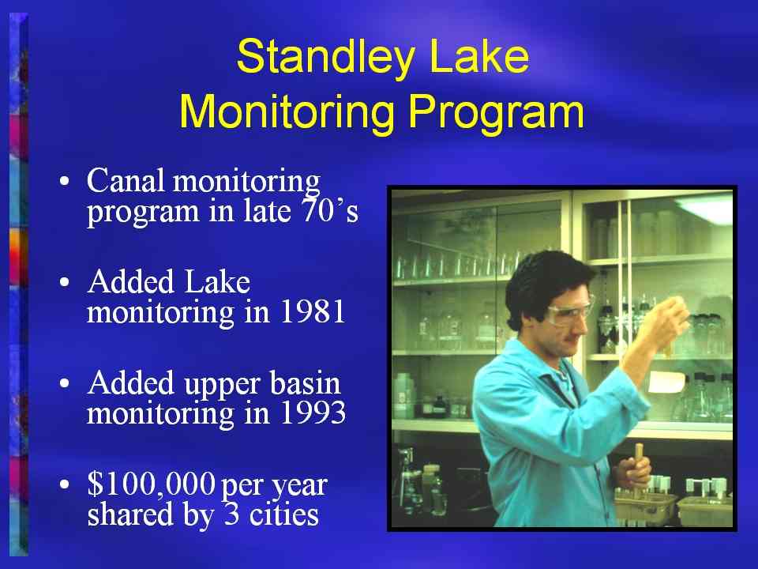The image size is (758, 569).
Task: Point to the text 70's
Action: pos(330,211)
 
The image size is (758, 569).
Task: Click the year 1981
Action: pos(313,311)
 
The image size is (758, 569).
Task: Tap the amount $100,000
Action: pos(151,484)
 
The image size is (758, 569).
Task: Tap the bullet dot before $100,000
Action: pos(65,484)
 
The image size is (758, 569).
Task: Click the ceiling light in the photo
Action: pos(706,209)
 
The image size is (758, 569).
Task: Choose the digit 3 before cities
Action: pos(231,514)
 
